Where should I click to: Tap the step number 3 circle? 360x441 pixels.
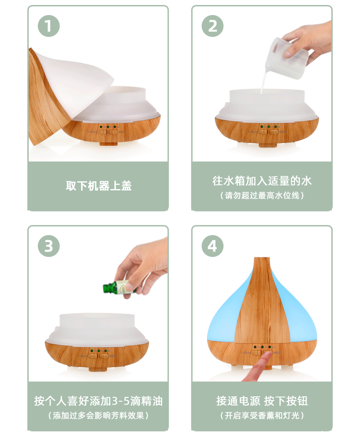pyautogui.click(x=49, y=246)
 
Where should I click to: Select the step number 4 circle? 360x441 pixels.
pyautogui.click(x=213, y=246)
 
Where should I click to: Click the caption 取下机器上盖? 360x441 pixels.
pyautogui.click(x=98, y=186)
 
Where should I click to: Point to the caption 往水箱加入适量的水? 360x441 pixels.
pyautogui.click(x=262, y=180)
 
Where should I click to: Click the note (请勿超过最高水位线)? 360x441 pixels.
pyautogui.click(x=262, y=195)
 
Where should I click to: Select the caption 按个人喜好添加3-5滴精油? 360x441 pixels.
pyautogui.click(x=98, y=401)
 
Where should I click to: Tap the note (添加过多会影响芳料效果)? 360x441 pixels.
pyautogui.click(x=98, y=415)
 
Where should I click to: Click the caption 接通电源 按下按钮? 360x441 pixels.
pyautogui.click(x=262, y=401)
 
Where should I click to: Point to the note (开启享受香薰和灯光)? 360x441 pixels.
pyautogui.click(x=262, y=415)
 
